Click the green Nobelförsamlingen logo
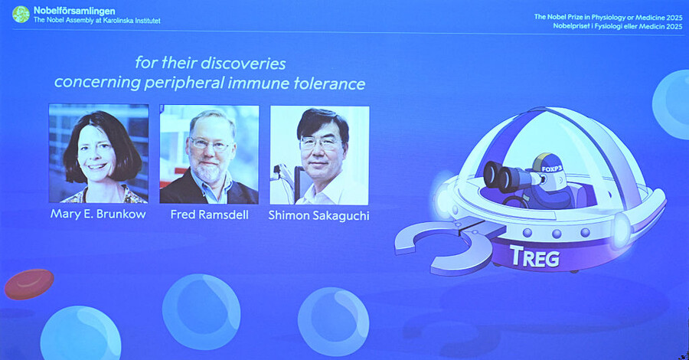coord(21,15)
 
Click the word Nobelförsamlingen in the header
coord(74,11)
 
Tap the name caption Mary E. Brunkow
coord(98,214)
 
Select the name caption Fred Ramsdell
coord(209,214)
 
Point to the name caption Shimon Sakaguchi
coord(318,215)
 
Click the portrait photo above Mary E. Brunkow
coord(99,153)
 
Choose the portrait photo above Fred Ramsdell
coord(209,154)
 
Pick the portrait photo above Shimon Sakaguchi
coord(319,155)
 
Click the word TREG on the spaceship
coord(534,257)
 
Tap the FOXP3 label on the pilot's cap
coord(551,169)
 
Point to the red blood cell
coord(29,284)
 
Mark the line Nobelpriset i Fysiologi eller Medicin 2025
coord(617,26)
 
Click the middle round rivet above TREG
coord(557,233)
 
